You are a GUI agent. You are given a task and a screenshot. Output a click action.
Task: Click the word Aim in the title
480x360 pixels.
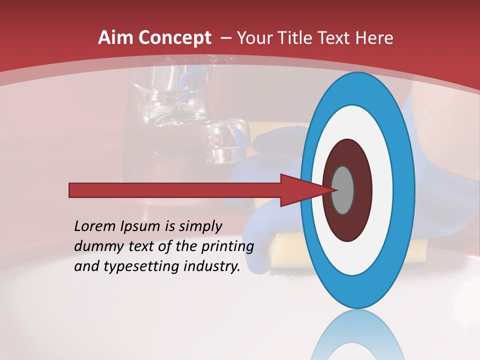[x=116, y=38]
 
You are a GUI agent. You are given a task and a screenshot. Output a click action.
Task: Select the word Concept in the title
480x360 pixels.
[x=174, y=38]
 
